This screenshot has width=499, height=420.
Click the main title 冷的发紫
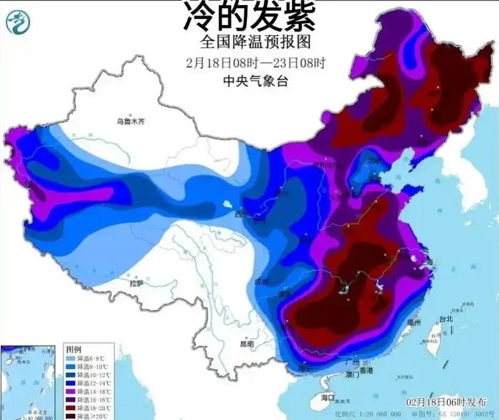pos(249,17)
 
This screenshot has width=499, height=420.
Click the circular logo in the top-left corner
pos(17,23)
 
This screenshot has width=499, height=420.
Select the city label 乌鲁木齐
pos(131,121)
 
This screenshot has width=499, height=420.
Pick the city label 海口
pos(328,398)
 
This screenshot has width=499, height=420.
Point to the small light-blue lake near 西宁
pos(226,205)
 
